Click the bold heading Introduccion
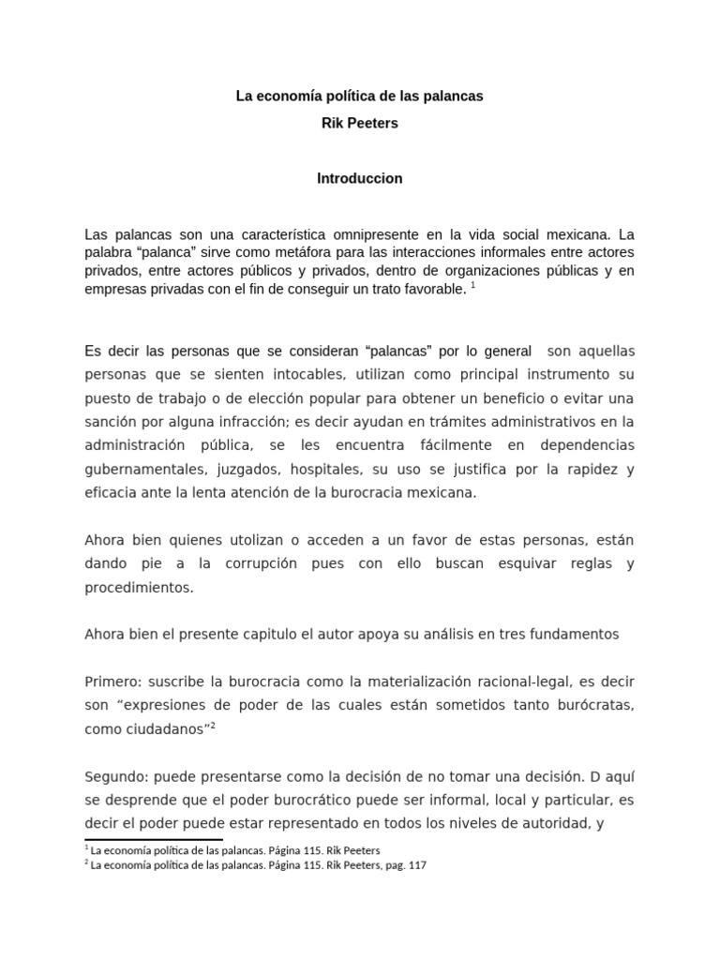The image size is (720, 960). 360,178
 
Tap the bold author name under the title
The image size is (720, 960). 360,123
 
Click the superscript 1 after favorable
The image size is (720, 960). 472,285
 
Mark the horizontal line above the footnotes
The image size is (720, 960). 154,840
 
